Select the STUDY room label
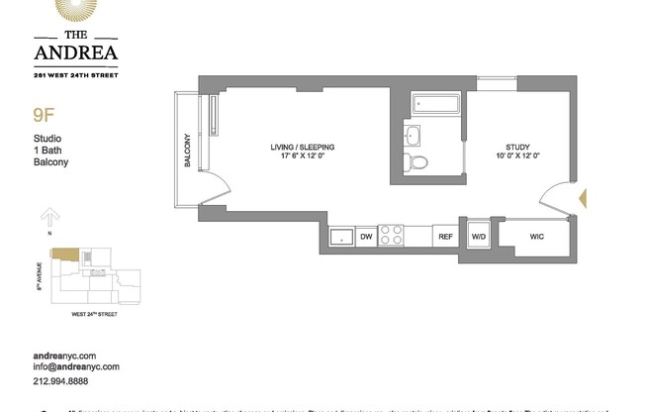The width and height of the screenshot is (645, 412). coord(517,151)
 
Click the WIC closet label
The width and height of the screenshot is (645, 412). coord(536,237)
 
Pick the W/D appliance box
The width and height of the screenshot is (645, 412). coord(478,237)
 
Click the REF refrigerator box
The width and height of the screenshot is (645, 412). coord(445,237)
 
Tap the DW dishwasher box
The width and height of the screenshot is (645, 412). coord(365,237)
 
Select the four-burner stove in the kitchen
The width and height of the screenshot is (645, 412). coord(393,236)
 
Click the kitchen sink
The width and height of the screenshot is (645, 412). coord(342,237)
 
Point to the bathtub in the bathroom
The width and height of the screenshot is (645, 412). coord(434,104)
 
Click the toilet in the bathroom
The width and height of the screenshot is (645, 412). coord(418,162)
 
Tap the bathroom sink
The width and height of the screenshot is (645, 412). coord(413,136)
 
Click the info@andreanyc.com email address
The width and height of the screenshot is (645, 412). coord(76,367)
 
